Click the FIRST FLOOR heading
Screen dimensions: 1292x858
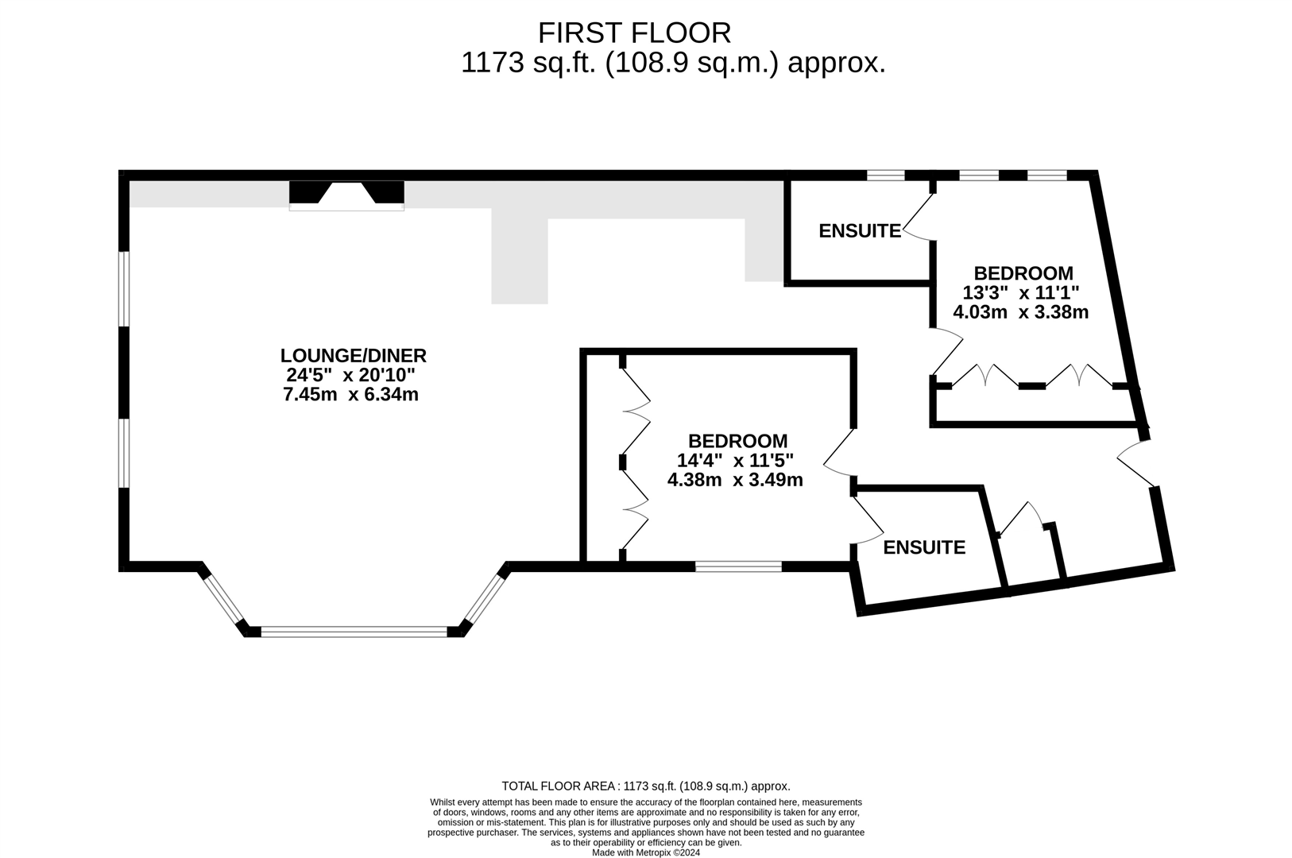[x=634, y=33]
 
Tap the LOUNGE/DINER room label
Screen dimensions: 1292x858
[x=354, y=355]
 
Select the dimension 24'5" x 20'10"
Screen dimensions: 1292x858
[x=350, y=375]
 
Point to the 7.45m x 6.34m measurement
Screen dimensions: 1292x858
[x=350, y=395]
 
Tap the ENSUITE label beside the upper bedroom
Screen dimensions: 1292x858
[x=860, y=231]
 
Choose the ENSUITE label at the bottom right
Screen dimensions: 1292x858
[x=924, y=548]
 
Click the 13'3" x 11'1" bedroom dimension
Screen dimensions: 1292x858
[x=1021, y=293]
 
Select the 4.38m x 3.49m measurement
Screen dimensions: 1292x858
[x=735, y=480]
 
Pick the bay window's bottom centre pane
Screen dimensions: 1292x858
[x=354, y=632]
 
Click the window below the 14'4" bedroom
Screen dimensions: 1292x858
[x=738, y=566]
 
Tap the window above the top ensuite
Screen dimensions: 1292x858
[x=886, y=176]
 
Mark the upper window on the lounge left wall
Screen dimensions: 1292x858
[x=123, y=289]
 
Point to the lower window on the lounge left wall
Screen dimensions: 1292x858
[x=123, y=453]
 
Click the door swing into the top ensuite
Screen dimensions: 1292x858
[x=919, y=217]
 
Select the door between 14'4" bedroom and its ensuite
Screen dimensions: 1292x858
[x=868, y=521]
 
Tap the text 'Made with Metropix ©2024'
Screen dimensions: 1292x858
[x=646, y=852]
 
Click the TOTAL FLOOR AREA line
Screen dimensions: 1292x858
[x=646, y=786]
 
